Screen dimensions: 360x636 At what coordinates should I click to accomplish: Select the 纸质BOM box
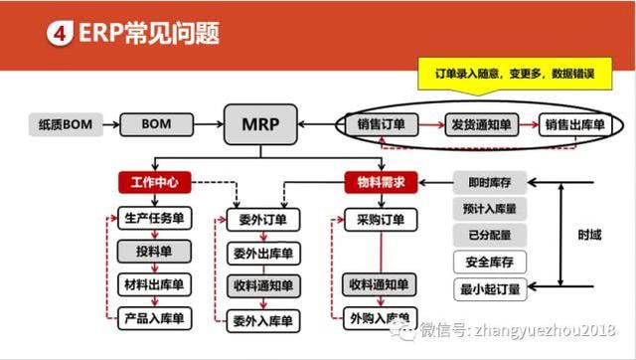coord(64,126)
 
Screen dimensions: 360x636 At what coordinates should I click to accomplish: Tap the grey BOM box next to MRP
coord(156,126)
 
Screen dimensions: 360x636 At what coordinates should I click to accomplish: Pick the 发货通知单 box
coord(481,126)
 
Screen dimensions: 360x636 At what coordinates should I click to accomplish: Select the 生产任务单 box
coord(154,219)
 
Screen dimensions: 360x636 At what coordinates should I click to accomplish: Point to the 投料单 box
coord(154,252)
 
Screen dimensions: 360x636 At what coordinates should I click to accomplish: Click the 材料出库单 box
coord(154,285)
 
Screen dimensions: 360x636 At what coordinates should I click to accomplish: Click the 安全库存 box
coord(490,263)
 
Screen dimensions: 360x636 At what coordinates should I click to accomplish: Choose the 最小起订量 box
coord(490,290)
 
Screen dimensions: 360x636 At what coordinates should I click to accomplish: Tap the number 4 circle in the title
coord(59,34)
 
